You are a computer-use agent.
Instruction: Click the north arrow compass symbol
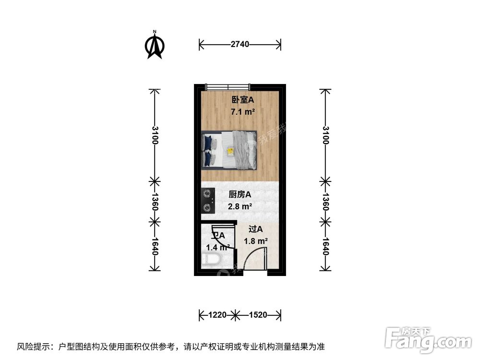point(155,46)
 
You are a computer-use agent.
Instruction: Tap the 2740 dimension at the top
point(240,45)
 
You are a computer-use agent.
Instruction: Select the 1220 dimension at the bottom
point(217,315)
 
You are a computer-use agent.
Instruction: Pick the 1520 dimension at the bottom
point(258,315)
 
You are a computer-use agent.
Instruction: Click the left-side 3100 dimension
point(154,135)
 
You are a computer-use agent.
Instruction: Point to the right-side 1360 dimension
point(325,202)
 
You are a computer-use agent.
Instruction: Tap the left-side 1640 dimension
point(154,246)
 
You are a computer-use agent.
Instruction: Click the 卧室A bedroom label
point(241,100)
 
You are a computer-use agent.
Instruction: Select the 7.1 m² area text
point(242,112)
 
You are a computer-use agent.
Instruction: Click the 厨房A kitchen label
point(240,194)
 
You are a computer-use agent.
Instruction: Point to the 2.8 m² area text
point(240,207)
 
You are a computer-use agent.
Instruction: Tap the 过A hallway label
point(255,229)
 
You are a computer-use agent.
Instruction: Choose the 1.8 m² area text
point(256,241)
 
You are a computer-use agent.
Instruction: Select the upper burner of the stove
point(207,194)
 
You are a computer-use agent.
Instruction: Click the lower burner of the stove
point(207,207)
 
